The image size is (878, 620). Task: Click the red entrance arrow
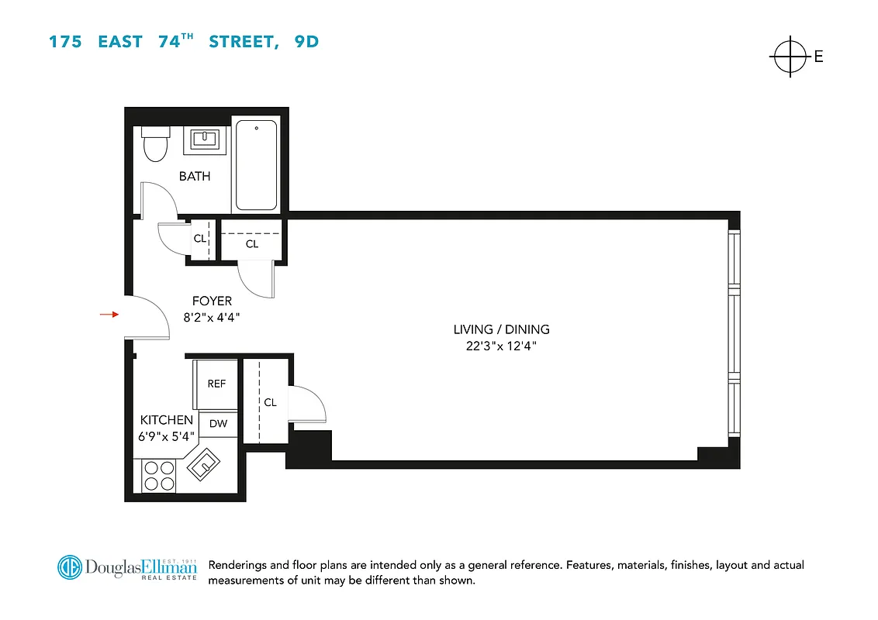click(108, 314)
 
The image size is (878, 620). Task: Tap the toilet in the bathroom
click(156, 143)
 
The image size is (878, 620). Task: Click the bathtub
click(256, 165)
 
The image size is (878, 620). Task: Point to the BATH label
click(195, 177)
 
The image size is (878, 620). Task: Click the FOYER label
click(212, 301)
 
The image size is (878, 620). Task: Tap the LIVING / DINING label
click(501, 329)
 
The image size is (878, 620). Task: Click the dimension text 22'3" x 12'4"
click(501, 346)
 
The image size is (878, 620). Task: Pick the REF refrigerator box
click(216, 384)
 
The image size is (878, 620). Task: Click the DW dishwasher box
click(218, 424)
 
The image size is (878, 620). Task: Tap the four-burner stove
click(158, 475)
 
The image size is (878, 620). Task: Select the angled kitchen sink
click(206, 463)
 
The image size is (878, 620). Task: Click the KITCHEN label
click(167, 420)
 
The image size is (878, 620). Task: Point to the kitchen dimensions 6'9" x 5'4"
click(167, 436)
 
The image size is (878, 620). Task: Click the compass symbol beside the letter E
click(790, 56)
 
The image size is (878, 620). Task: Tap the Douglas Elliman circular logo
click(70, 567)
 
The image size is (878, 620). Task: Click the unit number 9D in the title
click(306, 42)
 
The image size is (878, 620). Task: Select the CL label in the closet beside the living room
click(270, 402)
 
